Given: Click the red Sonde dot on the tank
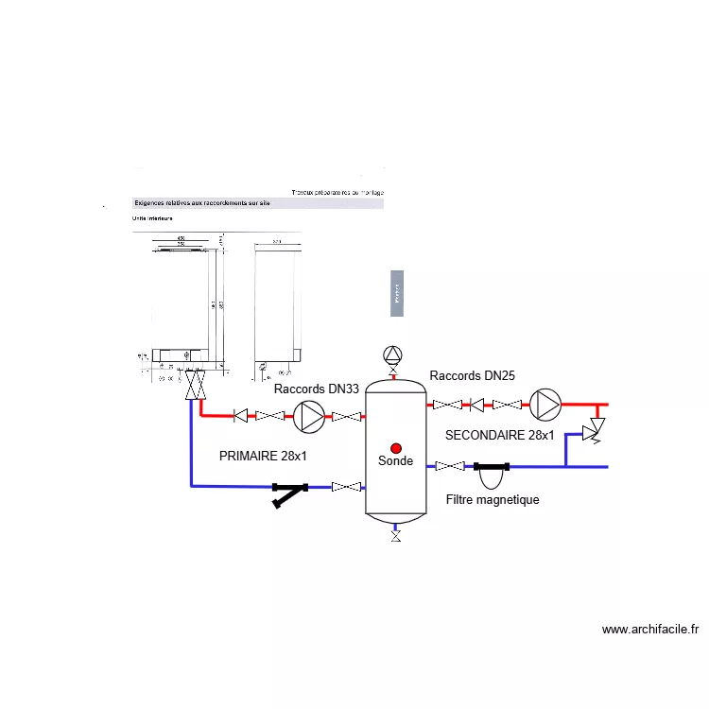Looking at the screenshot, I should (396, 447).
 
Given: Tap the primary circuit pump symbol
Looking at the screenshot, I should (309, 415).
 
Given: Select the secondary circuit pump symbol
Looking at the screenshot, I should (545, 404).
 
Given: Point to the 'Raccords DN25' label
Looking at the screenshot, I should (472, 375).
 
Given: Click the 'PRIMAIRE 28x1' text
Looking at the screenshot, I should (263, 455).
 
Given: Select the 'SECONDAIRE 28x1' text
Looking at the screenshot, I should (500, 435).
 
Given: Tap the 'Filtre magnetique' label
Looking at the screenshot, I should (492, 499).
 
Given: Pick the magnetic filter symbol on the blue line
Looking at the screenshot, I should (492, 468).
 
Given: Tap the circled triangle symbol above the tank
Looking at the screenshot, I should (392, 354).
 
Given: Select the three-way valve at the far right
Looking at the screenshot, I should (596, 431).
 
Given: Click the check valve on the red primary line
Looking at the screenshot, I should (243, 415).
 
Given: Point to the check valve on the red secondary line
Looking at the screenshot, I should (477, 405).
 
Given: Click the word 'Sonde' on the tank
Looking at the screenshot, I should (396, 461).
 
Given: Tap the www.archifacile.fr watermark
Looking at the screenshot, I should (650, 630).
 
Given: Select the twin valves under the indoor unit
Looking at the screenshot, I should (196, 384).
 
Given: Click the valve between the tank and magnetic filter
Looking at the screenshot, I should (451, 465).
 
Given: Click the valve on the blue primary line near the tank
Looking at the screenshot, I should (347, 487).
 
